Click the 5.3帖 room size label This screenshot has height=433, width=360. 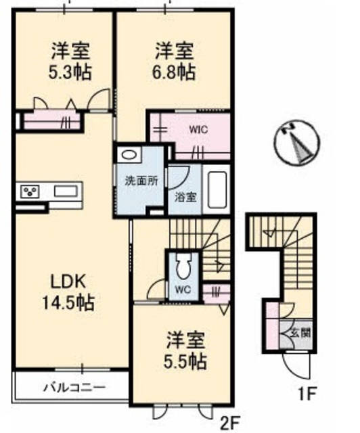coord(70,70)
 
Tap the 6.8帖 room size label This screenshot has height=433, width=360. coord(175,70)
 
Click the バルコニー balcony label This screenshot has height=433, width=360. coord(74,388)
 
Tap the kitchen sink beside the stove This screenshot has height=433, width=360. coord(64,191)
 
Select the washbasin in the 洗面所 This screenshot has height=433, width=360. coord(129,155)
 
